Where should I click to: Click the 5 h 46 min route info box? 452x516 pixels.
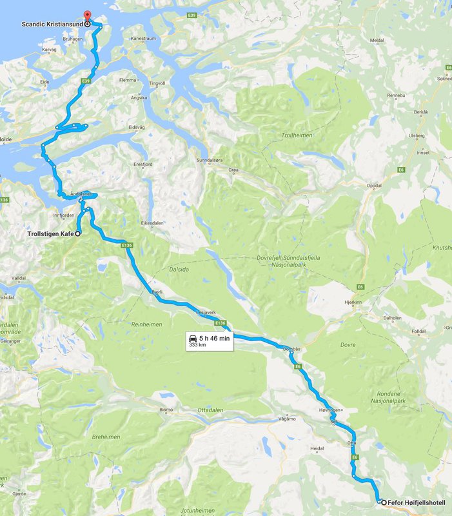(207, 341)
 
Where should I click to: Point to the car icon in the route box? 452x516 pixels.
(192, 337)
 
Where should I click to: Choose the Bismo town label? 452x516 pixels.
(165, 410)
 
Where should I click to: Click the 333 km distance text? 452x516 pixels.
(197, 345)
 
